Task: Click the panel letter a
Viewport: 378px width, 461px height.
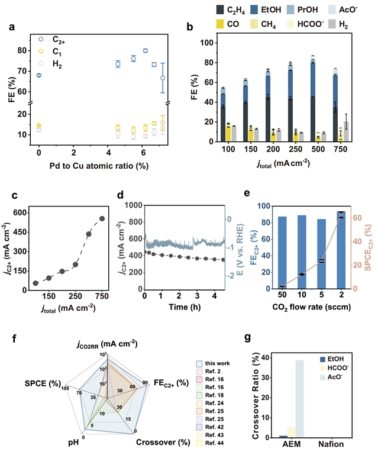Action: (13, 27)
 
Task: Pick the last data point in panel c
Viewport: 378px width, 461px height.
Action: (102, 218)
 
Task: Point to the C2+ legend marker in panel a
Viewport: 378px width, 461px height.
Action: (40, 39)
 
